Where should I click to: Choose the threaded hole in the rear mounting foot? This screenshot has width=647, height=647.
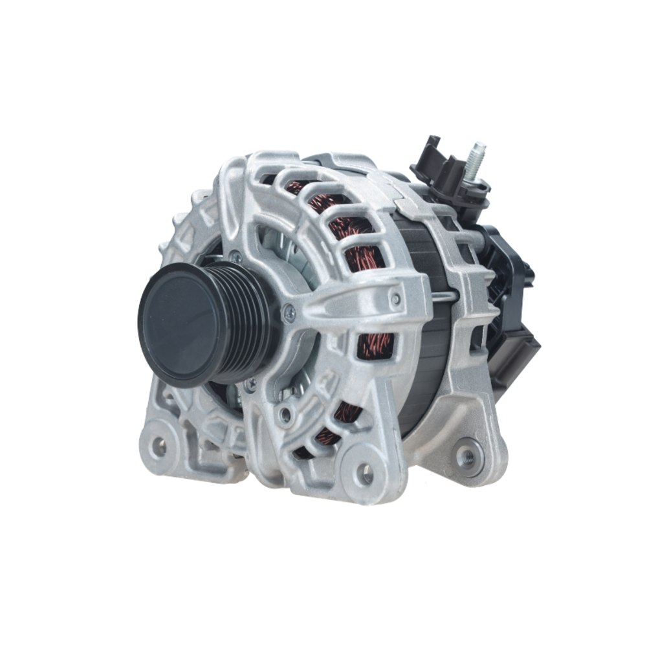[466, 455]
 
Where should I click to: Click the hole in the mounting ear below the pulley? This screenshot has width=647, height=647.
[157, 446]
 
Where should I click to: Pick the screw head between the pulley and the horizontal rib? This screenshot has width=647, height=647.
[289, 315]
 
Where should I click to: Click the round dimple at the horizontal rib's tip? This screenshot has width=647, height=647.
[395, 298]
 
